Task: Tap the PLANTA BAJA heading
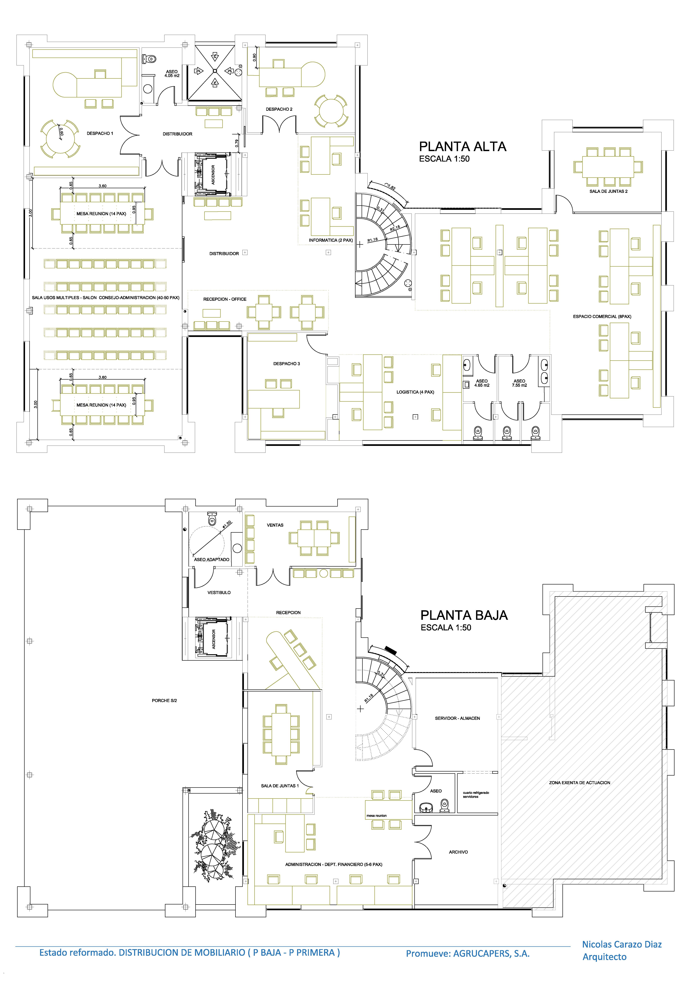point(464,615)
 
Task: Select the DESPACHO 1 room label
point(100,133)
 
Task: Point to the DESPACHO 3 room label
point(287,364)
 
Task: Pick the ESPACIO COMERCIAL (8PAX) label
point(602,316)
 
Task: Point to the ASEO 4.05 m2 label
point(172,73)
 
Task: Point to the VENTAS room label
point(275,525)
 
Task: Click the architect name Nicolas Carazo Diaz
point(622,944)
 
